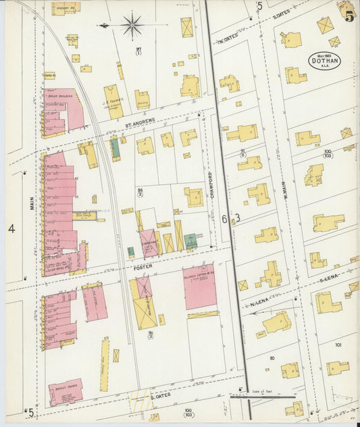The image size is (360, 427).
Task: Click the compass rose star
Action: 132,26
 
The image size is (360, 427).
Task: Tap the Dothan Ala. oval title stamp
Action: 324,61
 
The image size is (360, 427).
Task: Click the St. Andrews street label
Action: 140,121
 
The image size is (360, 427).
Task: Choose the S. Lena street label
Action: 329,278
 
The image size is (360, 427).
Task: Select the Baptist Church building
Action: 66,392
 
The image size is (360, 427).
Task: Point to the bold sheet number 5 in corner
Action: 349,17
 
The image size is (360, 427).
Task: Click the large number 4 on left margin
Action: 11,228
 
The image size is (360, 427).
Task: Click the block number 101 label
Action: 338,345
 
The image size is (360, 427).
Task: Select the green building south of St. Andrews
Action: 115,147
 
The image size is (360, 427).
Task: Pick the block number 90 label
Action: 272,357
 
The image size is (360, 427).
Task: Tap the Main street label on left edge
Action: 32,202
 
